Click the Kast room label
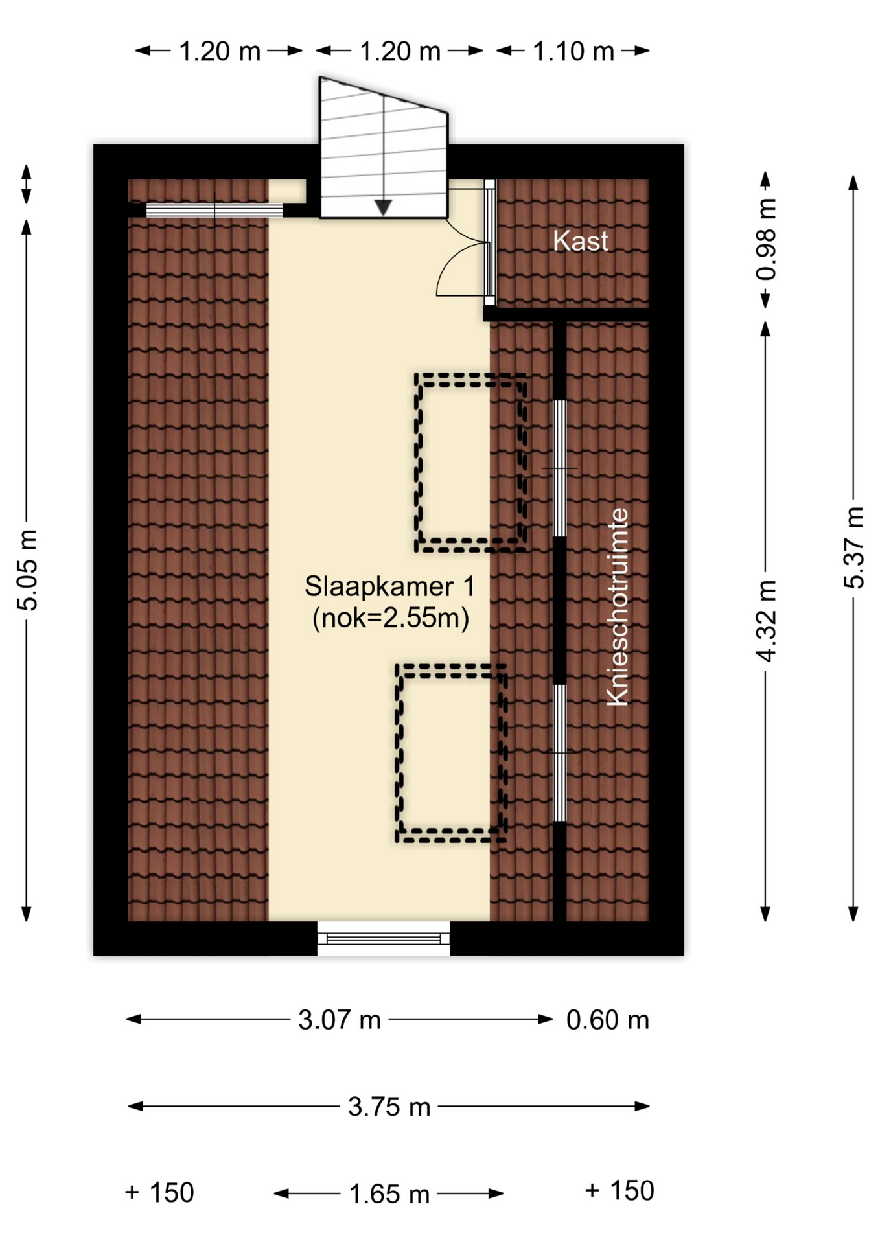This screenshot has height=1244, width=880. point(580,241)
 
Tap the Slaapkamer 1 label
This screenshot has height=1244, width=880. point(389,586)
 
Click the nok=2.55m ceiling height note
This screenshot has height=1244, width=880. point(391,618)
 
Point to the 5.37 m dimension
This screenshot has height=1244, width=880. point(854,547)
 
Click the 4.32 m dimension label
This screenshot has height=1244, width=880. point(765,621)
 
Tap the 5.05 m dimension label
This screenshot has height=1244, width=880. point(27,570)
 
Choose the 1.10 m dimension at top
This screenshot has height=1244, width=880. point(573,51)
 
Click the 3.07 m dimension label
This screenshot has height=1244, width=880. point(339,1020)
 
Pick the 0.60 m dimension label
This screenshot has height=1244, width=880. point(607,1020)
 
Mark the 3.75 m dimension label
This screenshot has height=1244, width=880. point(389,1107)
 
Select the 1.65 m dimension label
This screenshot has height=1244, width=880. point(389,1193)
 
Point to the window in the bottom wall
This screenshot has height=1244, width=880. point(384,938)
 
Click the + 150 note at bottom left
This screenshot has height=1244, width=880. point(159,1192)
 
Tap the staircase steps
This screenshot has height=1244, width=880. point(384,148)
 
